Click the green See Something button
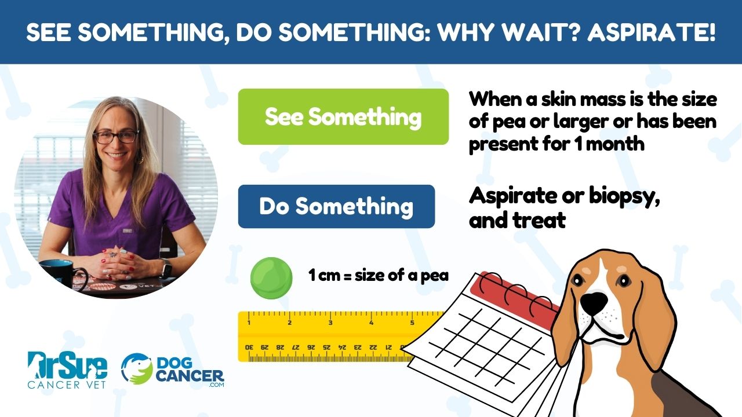[x=343, y=116]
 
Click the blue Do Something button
[x=336, y=206]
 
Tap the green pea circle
[x=271, y=277]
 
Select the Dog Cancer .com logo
[x=172, y=370]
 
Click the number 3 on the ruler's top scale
[x=330, y=323]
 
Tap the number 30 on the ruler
[x=249, y=347]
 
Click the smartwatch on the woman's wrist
[x=167, y=268]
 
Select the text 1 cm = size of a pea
[x=379, y=276]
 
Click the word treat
[x=541, y=220]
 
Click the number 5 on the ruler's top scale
[x=412, y=323]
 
